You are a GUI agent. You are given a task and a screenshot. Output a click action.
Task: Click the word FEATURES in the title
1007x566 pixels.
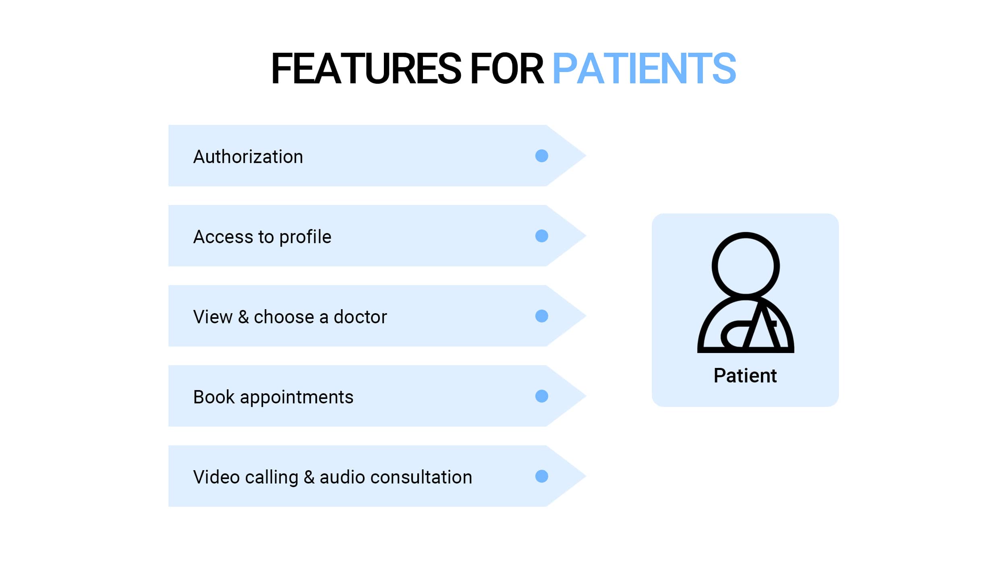pyautogui.click(x=366, y=69)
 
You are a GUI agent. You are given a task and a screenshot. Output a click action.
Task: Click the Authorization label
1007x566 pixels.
pyautogui.click(x=248, y=157)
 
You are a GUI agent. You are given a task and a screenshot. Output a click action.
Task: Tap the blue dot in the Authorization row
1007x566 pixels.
pyautogui.click(x=542, y=156)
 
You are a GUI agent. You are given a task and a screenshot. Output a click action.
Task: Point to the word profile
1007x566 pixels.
pyautogui.click(x=305, y=237)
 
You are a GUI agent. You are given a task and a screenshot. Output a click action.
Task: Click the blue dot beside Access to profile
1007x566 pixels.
pyautogui.click(x=542, y=236)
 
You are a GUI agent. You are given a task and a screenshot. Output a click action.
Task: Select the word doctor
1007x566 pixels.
pyautogui.click(x=361, y=317)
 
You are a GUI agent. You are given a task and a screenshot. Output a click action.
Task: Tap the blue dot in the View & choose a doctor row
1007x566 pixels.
pyautogui.click(x=542, y=316)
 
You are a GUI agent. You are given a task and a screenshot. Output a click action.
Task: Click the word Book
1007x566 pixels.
pyautogui.click(x=214, y=397)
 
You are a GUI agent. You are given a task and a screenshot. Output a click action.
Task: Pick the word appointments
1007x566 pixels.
pyautogui.click(x=297, y=398)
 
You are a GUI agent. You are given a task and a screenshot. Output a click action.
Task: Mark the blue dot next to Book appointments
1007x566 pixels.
pyautogui.click(x=542, y=396)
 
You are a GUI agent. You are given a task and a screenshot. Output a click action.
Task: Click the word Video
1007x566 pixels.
pyautogui.click(x=217, y=477)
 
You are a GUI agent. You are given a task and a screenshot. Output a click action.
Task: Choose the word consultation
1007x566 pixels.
pyautogui.click(x=421, y=477)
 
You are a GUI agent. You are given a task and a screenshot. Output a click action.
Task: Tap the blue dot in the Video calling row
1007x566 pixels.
pyautogui.click(x=542, y=476)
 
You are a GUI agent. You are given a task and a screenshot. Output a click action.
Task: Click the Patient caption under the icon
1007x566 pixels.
pyautogui.click(x=745, y=376)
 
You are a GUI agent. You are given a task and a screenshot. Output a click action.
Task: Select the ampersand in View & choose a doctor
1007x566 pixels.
pyautogui.click(x=243, y=317)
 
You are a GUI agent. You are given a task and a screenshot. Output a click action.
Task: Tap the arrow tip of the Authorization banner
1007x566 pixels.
pyautogui.click(x=586, y=155)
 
